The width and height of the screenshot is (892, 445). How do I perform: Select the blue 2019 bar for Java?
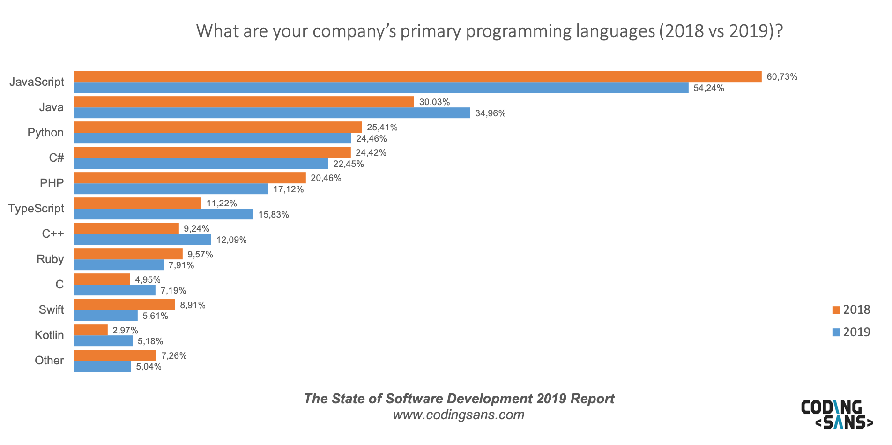tap(272, 113)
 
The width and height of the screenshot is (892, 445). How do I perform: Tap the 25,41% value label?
tap(382, 127)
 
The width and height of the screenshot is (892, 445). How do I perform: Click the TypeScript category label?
tap(36, 208)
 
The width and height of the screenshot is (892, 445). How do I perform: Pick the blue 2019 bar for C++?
tap(143, 240)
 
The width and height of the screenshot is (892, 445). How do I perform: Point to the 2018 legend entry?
tap(851, 309)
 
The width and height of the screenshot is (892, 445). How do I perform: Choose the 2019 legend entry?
tap(851, 332)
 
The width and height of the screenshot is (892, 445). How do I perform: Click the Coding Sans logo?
tap(837, 414)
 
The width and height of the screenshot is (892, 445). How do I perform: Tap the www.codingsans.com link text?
tap(458, 415)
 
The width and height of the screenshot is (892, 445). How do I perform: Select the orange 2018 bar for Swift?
tap(125, 305)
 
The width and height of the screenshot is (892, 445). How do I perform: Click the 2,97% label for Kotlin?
tap(125, 330)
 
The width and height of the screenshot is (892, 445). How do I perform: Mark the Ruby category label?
tap(50, 259)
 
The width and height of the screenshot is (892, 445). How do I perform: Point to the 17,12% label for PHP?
tap(288, 189)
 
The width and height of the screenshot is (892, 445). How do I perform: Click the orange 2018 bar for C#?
tap(212, 152)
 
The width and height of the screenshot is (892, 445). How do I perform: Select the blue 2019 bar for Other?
tap(103, 366)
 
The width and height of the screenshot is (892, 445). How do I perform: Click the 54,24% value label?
tap(708, 88)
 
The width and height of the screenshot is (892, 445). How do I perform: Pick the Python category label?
tap(45, 132)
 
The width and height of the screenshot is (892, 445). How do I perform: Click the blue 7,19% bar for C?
tap(115, 290)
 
